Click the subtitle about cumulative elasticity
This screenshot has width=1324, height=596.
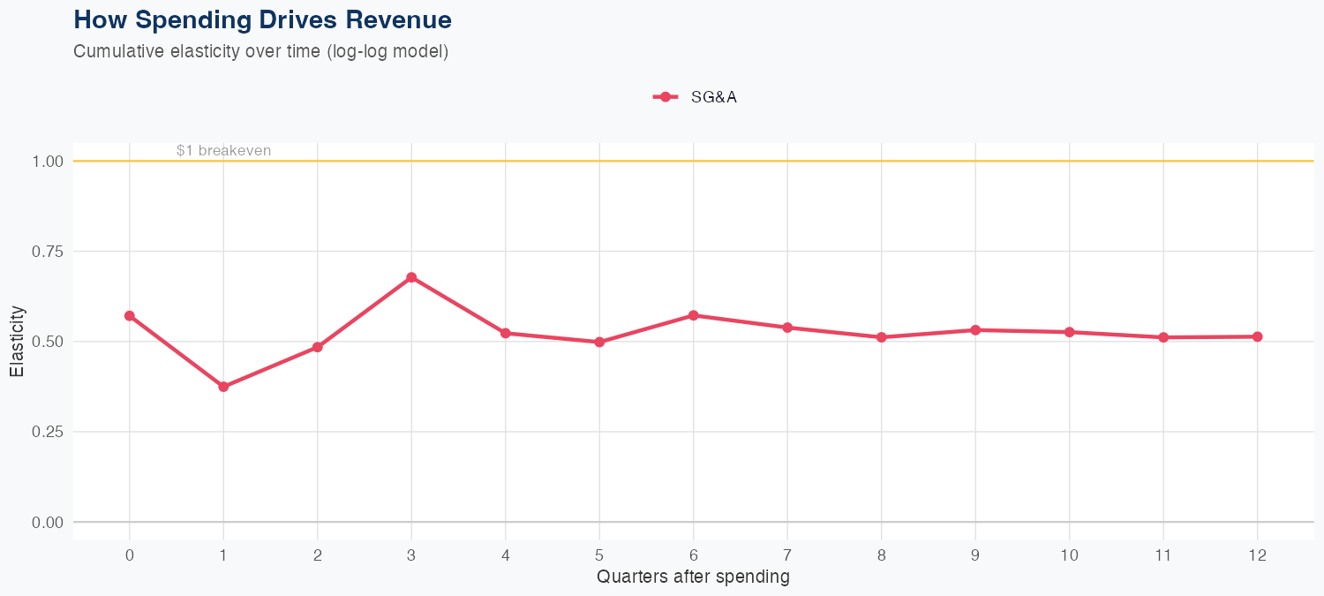coord(261,51)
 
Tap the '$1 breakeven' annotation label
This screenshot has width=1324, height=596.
coord(223,151)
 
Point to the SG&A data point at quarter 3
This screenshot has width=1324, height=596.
coord(411,277)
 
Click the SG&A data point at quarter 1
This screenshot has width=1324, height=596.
coord(223,387)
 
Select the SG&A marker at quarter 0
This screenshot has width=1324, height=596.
coord(130,316)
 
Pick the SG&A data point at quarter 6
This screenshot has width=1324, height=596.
coord(694,315)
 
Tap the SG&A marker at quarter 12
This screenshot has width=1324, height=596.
coord(1257,336)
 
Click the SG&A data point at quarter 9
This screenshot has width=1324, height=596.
coord(975,330)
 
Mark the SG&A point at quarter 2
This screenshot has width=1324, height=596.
coord(318,347)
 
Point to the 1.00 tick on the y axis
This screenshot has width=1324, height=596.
coord(47,162)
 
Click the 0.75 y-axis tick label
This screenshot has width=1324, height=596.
coord(47,252)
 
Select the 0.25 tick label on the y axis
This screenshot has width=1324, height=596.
coord(47,432)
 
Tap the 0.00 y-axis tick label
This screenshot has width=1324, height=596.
coord(47,523)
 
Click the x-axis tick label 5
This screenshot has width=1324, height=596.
coord(599,555)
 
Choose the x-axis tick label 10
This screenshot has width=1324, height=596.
coord(1069,555)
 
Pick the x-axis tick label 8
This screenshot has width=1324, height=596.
coord(881,555)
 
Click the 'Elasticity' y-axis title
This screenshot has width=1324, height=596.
coord(17,342)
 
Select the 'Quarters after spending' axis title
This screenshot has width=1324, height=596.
coord(693,577)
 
